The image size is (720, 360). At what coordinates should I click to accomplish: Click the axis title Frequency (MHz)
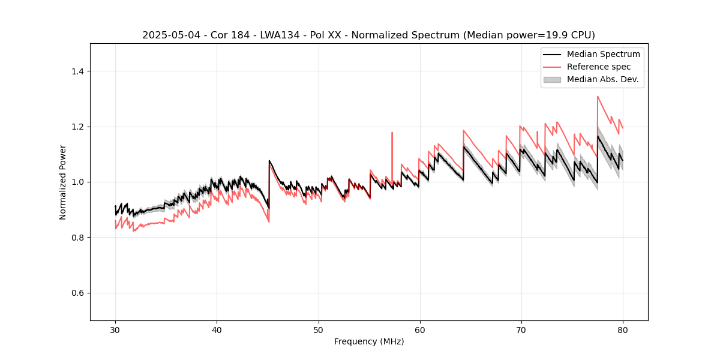[369, 341]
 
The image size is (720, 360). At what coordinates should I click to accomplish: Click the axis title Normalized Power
[63, 182]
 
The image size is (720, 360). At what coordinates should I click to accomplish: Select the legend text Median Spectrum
[603, 54]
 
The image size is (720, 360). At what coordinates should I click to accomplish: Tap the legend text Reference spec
[599, 67]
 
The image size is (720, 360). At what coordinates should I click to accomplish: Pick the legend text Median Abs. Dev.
[602, 79]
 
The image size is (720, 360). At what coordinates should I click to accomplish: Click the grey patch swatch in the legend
[552, 79]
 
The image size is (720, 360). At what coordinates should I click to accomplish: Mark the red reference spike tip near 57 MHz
[392, 133]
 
